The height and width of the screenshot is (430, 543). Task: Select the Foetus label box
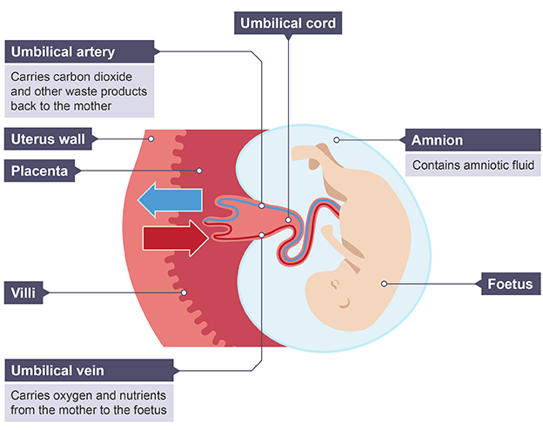509,284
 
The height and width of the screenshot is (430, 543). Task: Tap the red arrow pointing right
174,236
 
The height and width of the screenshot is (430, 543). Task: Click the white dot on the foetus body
383,284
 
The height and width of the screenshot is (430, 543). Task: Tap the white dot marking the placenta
199,171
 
